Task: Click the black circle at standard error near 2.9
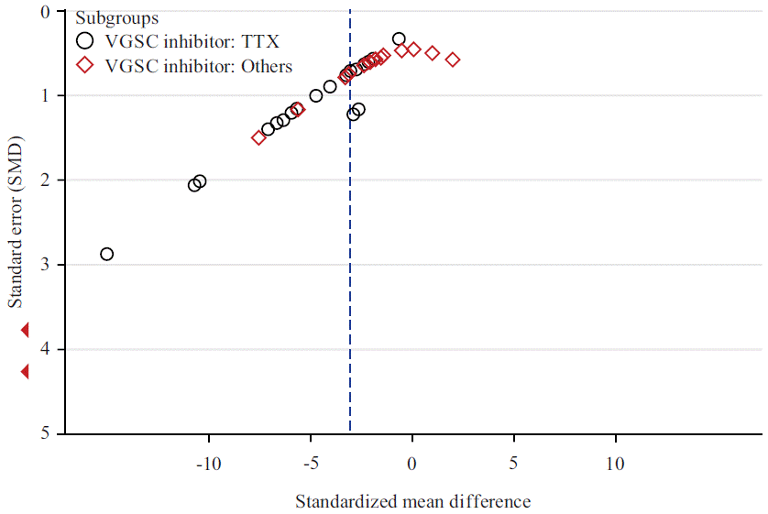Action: click(x=106, y=254)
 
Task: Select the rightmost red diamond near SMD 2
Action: click(x=453, y=60)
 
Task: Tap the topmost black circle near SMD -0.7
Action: click(x=399, y=38)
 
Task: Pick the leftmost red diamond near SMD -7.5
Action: click(x=258, y=137)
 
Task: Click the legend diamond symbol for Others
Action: click(x=86, y=65)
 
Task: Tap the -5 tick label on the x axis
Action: click(x=310, y=465)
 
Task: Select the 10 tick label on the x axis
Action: click(x=615, y=465)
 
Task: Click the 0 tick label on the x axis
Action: click(x=412, y=465)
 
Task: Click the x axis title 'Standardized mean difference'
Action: click(x=412, y=501)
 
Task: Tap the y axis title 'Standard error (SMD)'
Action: click(x=16, y=223)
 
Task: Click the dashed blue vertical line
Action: click(x=350, y=275)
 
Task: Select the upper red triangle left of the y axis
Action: click(x=26, y=330)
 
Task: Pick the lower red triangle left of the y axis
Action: click(x=26, y=371)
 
